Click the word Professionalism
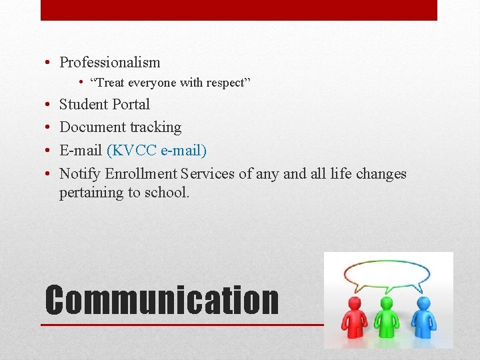110,63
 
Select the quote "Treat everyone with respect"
170,83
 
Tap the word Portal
131,105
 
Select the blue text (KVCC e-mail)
157,151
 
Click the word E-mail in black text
81,151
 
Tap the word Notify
79,174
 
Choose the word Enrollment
141,174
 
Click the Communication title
161,300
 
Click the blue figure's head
423,303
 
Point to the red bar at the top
239,10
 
